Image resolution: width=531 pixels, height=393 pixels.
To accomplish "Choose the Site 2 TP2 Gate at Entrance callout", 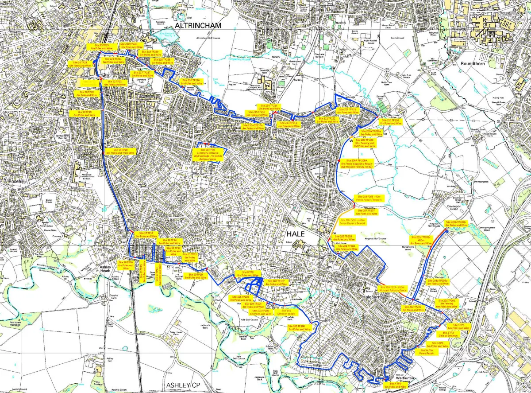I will tap(448, 334).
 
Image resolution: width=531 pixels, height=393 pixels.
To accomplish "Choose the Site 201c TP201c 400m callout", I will tap(420, 240).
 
